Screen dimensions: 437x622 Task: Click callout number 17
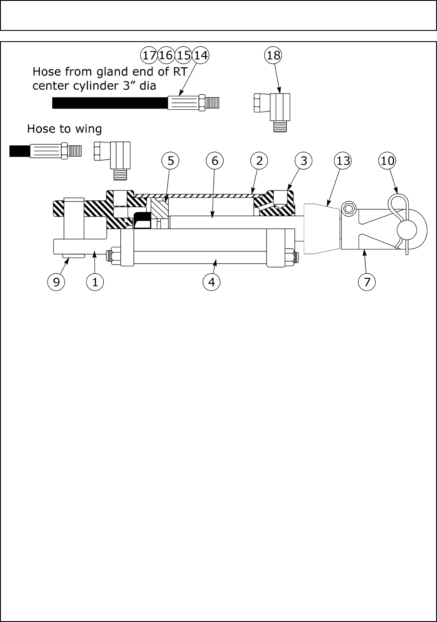pos(149,55)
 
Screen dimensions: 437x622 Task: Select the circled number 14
pos(200,55)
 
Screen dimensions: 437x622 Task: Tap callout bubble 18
pos(273,55)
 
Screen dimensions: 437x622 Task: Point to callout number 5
pos(171,161)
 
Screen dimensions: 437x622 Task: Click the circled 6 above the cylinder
pos(215,161)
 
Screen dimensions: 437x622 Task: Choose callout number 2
pos(259,161)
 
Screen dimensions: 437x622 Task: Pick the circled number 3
pos(304,161)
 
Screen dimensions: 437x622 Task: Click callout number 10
pos(387,161)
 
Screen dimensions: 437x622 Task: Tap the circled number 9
pos(56,282)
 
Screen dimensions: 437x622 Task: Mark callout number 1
pos(95,282)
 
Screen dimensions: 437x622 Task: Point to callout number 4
pos(211,282)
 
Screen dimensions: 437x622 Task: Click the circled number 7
pos(367,282)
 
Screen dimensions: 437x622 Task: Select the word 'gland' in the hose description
pos(105,71)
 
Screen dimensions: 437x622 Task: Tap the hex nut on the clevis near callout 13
pos(348,209)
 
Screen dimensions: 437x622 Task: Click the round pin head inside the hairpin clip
pos(407,230)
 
